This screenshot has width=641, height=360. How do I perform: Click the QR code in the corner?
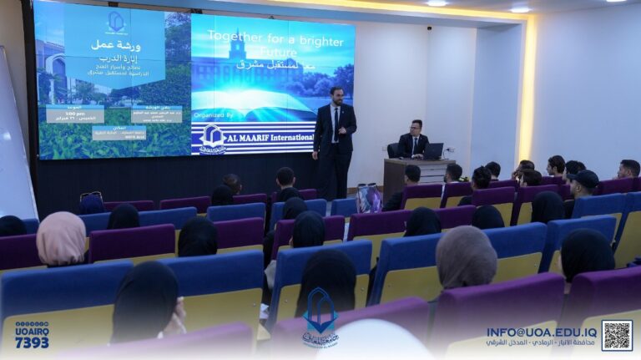pos(617,335)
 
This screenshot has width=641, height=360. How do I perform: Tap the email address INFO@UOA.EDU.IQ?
pos(542,332)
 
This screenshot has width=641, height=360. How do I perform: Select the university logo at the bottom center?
pos(320,318)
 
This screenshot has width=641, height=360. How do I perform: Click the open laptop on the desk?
pos(432,151)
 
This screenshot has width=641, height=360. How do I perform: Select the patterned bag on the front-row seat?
pos(368,198)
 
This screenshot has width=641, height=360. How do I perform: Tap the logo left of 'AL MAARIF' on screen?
pos(212,138)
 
